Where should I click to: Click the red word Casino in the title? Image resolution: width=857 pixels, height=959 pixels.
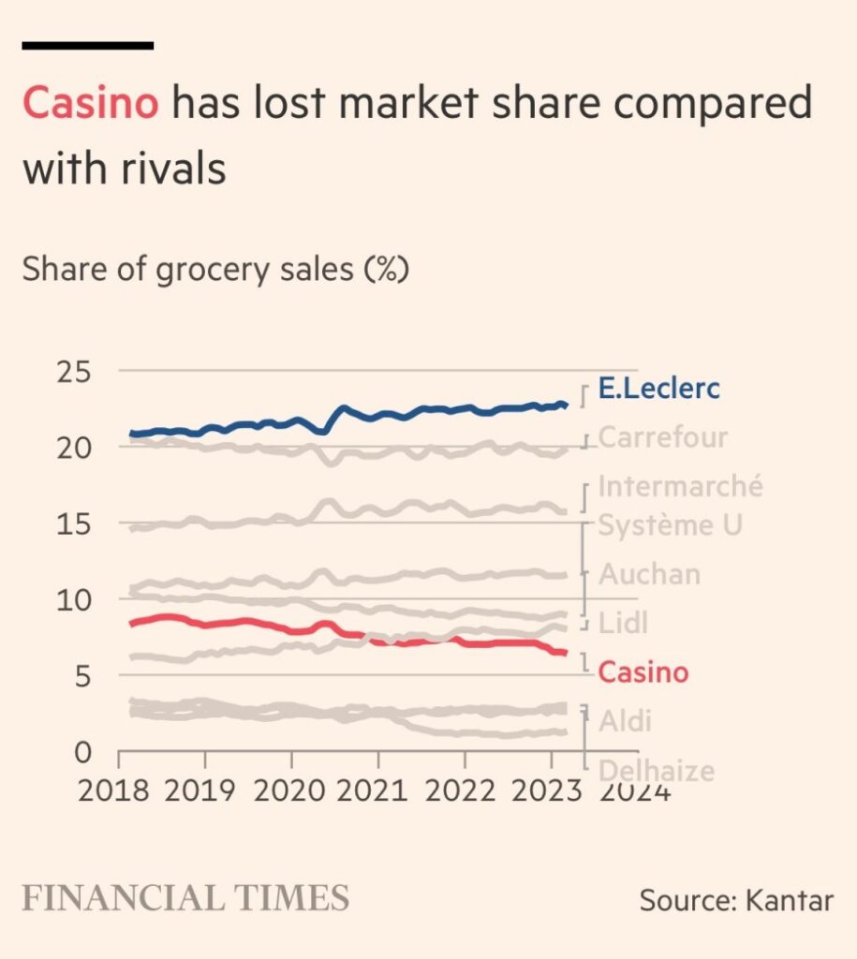tap(90, 103)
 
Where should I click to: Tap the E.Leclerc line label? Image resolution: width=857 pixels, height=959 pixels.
tap(659, 389)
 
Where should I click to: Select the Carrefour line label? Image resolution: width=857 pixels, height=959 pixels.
tap(663, 437)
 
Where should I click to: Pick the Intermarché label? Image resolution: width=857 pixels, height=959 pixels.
tap(680, 487)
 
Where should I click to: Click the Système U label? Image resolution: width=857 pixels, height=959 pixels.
tap(670, 525)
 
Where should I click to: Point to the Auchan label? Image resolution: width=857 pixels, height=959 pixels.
tap(649, 574)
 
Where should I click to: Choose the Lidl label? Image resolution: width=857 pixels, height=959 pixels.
tap(623, 623)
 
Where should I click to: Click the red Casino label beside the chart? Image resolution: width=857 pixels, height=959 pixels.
tap(643, 671)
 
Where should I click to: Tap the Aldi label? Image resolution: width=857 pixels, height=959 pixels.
tap(625, 721)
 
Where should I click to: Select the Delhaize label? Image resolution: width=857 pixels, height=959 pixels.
tap(656, 771)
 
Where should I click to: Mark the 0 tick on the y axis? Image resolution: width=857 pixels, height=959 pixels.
tap(82, 751)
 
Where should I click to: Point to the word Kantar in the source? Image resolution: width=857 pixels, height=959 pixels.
tap(789, 901)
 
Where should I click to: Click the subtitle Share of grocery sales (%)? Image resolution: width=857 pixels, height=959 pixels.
tap(216, 270)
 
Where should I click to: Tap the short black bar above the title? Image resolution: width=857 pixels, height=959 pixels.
tap(87, 44)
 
